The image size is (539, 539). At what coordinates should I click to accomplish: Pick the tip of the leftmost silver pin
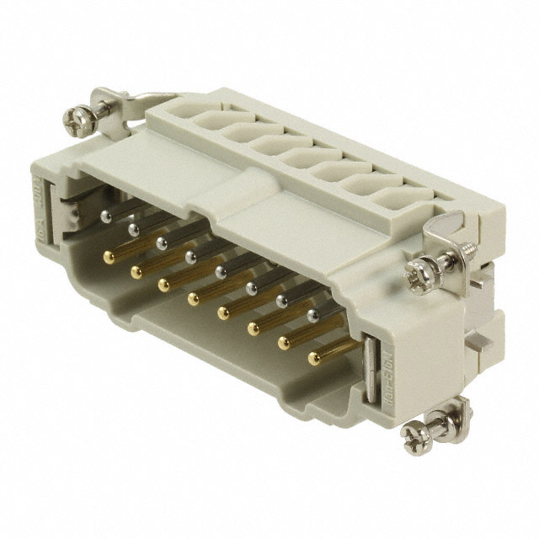(x=103, y=216)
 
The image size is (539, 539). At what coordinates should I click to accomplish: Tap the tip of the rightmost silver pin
(x=313, y=316)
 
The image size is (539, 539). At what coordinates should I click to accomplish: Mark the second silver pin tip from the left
(x=132, y=228)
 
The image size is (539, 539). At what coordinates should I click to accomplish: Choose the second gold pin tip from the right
(x=282, y=343)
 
